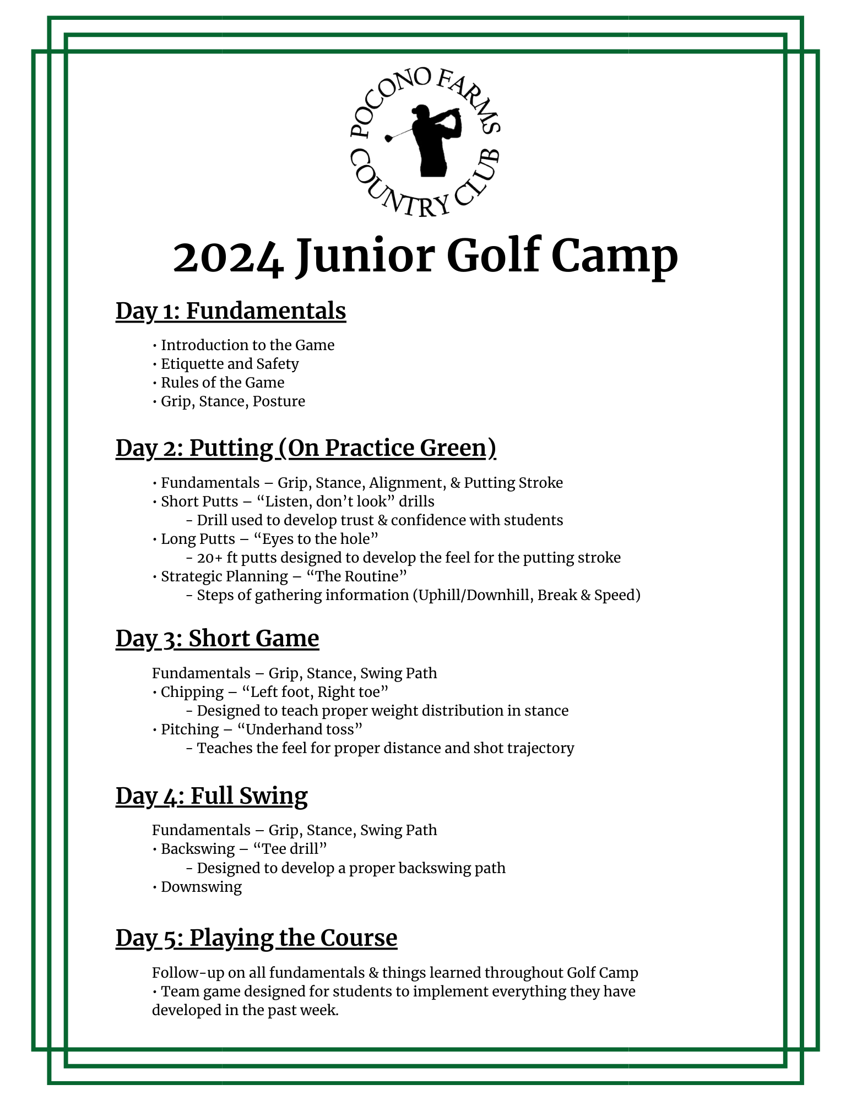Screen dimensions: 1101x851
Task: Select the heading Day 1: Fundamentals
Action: pos(231,311)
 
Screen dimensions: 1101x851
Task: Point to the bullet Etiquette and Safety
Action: pos(230,364)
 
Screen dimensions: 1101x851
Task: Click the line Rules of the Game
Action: pos(223,383)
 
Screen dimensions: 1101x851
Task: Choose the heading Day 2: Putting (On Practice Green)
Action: pos(306,448)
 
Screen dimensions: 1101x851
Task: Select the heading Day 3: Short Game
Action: pos(217,639)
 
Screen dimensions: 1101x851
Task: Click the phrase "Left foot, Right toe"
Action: pos(315,692)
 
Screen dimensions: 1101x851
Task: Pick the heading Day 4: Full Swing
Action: pos(212,796)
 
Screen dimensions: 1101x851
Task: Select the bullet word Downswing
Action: pos(201,886)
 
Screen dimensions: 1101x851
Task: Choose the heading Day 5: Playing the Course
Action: pos(256,938)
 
